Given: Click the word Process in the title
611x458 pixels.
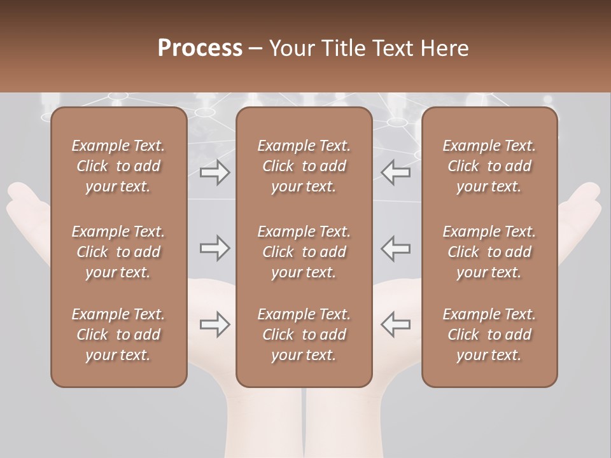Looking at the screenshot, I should coord(200,48).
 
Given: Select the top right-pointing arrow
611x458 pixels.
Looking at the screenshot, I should coord(214,172).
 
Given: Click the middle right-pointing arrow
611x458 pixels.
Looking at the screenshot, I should coord(214,248).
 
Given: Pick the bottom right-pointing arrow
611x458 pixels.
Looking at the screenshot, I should coord(214,324).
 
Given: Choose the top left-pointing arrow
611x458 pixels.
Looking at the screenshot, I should coord(395,172).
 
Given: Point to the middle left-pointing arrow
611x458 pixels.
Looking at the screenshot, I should coord(395,248).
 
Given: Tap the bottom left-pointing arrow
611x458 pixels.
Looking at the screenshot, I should coord(395,324).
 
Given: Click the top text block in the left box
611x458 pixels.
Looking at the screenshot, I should coord(118,166).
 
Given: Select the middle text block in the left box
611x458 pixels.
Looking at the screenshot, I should coord(118,252).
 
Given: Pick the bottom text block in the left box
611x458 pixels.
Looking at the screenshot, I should coord(118,335).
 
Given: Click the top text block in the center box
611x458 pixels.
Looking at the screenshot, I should coord(304,166).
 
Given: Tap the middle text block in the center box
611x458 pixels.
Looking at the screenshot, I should coord(304,252).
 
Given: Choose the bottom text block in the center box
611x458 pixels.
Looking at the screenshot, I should coord(304,335).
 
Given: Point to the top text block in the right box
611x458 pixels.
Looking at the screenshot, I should coord(489,166).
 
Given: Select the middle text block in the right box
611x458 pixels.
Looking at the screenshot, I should coord(489,252).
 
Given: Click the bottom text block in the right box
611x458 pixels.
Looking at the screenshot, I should coord(489,335).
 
